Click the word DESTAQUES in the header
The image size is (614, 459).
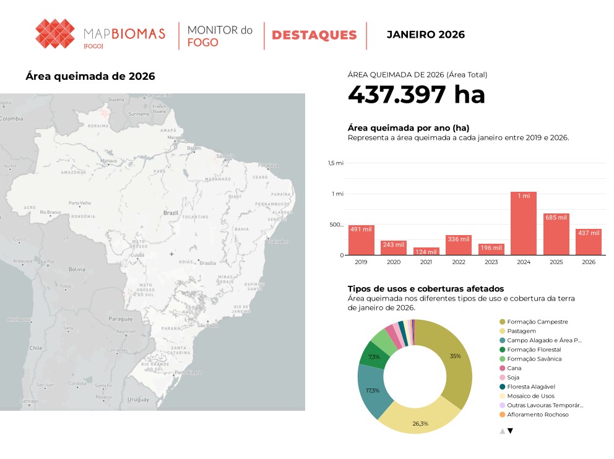click(314, 35)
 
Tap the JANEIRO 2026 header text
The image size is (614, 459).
click(425, 35)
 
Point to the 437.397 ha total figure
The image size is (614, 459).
click(416, 95)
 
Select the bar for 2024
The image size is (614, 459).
click(524, 223)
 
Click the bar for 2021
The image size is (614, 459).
click(426, 251)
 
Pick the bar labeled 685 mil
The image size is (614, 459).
click(556, 234)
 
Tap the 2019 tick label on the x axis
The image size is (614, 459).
click(361, 262)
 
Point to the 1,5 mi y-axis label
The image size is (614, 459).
click(336, 163)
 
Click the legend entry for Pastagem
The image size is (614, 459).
click(521, 331)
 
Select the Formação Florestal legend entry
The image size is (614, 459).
click(534, 350)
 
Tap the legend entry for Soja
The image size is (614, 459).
click(513, 377)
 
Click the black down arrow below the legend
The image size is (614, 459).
click(510, 431)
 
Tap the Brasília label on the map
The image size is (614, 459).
click(208, 264)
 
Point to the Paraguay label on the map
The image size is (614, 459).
click(120, 319)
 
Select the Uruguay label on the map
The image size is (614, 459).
click(138, 400)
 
